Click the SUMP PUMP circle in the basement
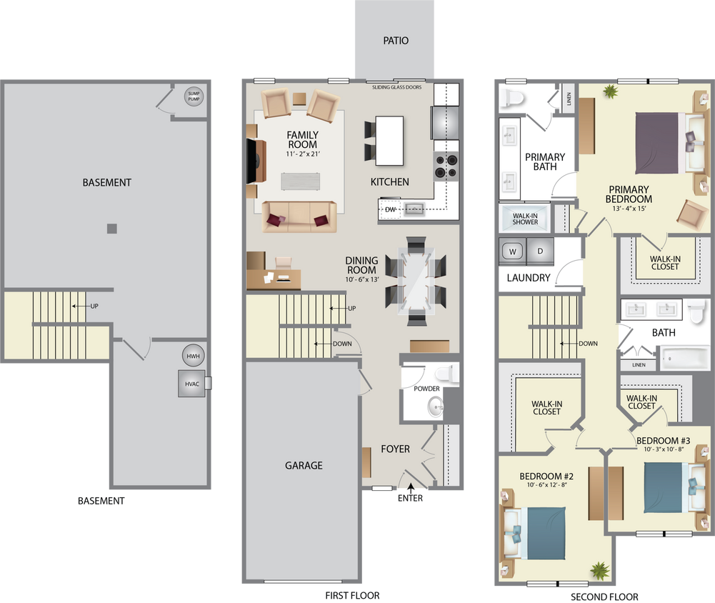coord(194,96)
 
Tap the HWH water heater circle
coord(193,357)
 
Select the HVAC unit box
coord(191,384)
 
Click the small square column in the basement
coord(111,229)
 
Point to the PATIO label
coord(395,41)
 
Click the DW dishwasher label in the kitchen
coord(390,209)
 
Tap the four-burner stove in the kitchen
coord(445,166)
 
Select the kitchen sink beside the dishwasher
coord(414,209)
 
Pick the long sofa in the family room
coord(299,216)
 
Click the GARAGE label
coord(304,465)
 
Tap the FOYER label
coord(395,449)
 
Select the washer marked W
coord(512,251)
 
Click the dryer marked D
coord(541,251)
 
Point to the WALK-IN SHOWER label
coord(525,217)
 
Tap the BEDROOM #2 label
coord(546,477)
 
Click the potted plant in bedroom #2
coord(599,569)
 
